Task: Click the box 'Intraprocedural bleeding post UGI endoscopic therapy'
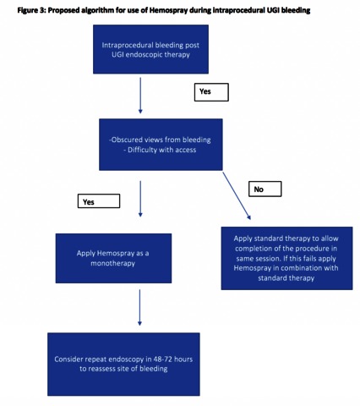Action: pos(150,49)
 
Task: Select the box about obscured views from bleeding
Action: pos(161,145)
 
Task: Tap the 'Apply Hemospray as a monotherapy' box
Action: pos(113,258)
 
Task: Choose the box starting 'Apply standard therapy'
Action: pos(286,258)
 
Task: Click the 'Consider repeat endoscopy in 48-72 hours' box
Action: pos(123,365)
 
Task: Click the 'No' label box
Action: pos(265,189)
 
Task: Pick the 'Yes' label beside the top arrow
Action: pos(211,92)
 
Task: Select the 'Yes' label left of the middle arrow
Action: pos(99,201)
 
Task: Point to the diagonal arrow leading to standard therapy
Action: pos(237,195)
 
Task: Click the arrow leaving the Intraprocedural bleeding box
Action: pos(140,96)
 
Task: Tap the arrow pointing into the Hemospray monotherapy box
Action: pos(140,199)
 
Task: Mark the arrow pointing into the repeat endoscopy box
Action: pos(139,308)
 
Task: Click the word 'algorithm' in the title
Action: pos(95,11)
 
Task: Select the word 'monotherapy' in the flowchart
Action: pos(113,263)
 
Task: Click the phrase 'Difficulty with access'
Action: pos(161,150)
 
